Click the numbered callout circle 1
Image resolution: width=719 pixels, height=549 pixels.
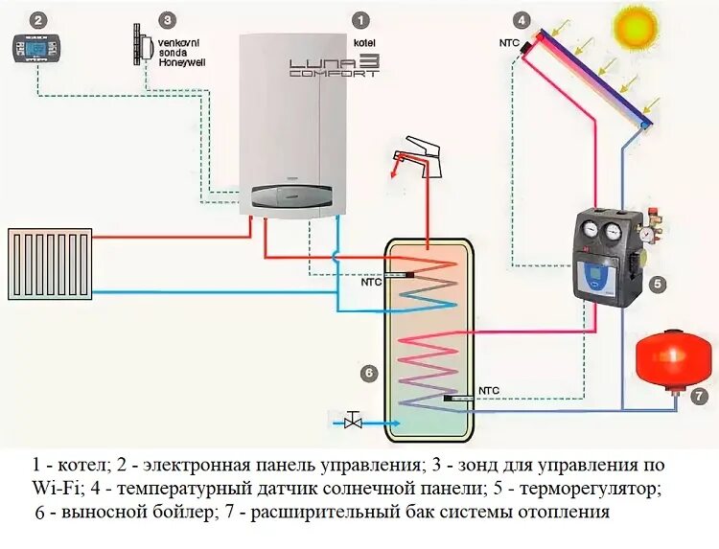tap(360, 19)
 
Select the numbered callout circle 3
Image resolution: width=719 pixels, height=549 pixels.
tap(168, 19)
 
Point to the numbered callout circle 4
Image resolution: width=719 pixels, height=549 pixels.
tap(521, 19)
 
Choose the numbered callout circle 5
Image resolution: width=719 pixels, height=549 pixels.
tap(657, 284)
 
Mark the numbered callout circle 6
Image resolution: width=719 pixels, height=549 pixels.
tap(367, 373)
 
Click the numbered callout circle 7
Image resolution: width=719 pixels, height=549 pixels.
tap(700, 395)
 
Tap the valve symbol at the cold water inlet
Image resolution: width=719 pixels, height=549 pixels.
tap(354, 420)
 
